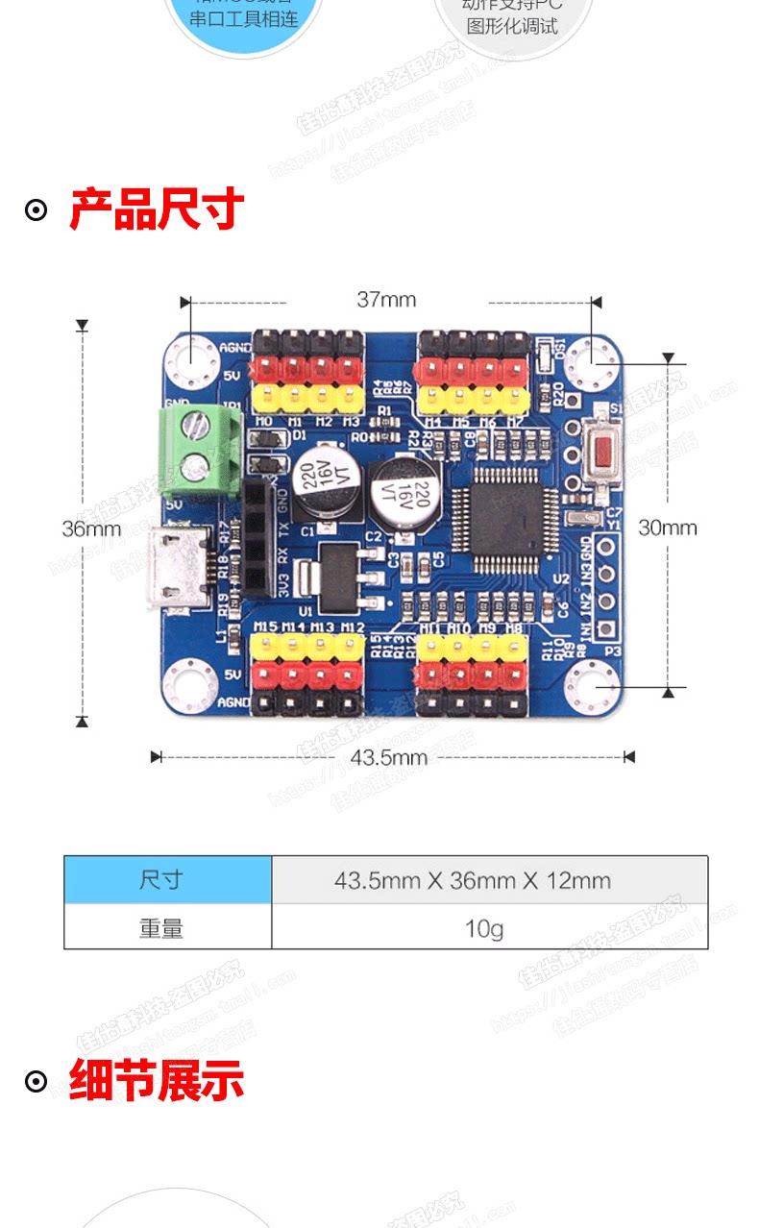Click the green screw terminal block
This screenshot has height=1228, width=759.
(x=195, y=444)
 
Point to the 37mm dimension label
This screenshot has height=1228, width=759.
(x=386, y=299)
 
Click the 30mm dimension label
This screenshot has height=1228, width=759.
(x=667, y=528)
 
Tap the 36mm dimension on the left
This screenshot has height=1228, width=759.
(x=91, y=528)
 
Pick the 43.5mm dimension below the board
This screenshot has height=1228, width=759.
(x=388, y=757)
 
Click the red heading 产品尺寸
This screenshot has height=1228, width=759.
(x=157, y=209)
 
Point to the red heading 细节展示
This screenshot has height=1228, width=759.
(x=157, y=1081)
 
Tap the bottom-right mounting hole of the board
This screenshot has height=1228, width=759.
(x=593, y=688)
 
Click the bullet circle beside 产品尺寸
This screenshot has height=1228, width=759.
(x=36, y=210)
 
